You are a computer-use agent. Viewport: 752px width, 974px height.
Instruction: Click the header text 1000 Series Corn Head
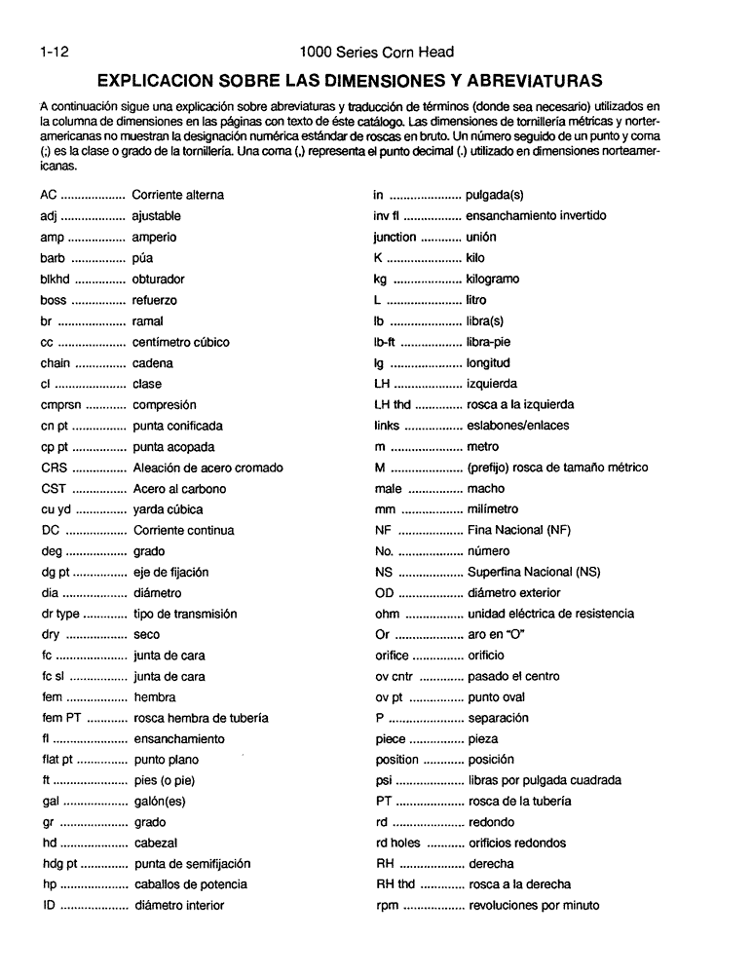point(377,51)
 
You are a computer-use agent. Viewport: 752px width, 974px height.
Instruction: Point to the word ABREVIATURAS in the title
point(521,79)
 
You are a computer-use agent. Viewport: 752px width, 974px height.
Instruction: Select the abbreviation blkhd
point(56,279)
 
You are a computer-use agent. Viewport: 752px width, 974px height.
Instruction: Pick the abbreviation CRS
point(54,468)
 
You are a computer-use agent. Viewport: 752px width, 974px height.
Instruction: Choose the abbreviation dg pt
point(56,572)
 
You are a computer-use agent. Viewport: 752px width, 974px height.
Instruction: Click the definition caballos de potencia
point(191,884)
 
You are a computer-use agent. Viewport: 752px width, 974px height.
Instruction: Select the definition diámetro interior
point(180,906)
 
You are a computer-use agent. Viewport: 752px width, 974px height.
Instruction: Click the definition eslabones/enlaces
point(518,426)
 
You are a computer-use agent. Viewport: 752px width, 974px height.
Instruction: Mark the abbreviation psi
point(383,780)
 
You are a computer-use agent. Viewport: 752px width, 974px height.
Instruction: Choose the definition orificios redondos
point(520,843)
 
